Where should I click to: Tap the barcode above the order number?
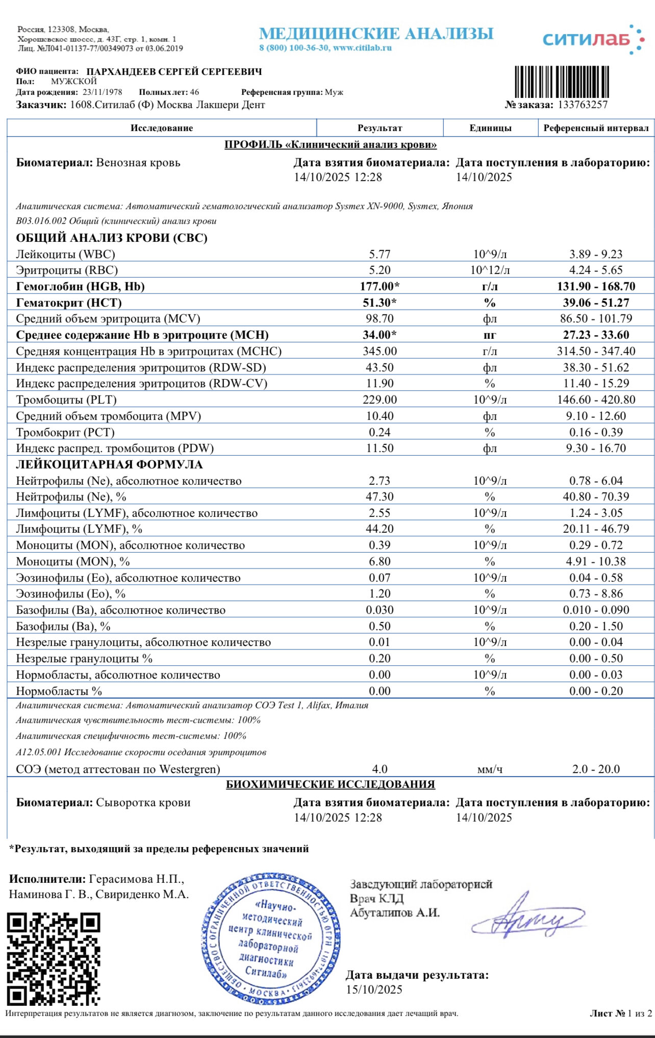[561, 82]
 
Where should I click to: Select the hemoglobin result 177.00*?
[380, 286]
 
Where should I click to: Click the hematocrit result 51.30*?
[380, 303]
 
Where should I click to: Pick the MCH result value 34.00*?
[380, 335]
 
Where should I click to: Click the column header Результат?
[380, 128]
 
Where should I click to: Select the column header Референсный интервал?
[596, 128]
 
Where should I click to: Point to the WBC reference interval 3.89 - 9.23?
[596, 254]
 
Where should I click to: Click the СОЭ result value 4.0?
[380, 769]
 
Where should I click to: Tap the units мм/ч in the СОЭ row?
[490, 769]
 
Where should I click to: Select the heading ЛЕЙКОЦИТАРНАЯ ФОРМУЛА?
[109, 464]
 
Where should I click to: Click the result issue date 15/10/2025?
[374, 990]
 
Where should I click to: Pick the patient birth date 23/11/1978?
[102, 92]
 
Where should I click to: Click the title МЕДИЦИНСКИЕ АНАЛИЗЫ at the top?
[376, 34]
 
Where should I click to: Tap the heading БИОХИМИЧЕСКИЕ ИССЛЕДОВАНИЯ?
[331, 784]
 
